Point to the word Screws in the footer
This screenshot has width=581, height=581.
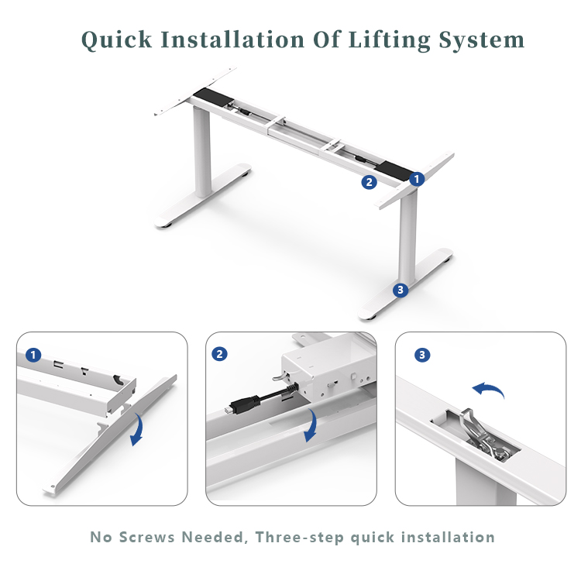(x=170, y=537)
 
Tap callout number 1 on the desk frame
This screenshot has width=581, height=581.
(x=417, y=179)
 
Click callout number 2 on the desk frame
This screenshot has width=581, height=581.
(x=370, y=183)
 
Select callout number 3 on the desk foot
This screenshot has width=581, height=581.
(x=400, y=290)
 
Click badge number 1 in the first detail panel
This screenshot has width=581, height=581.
(x=33, y=355)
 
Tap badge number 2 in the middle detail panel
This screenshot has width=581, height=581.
(x=221, y=354)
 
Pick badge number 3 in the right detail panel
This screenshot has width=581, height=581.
(x=422, y=355)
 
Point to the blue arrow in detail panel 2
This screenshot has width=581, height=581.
(x=311, y=425)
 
